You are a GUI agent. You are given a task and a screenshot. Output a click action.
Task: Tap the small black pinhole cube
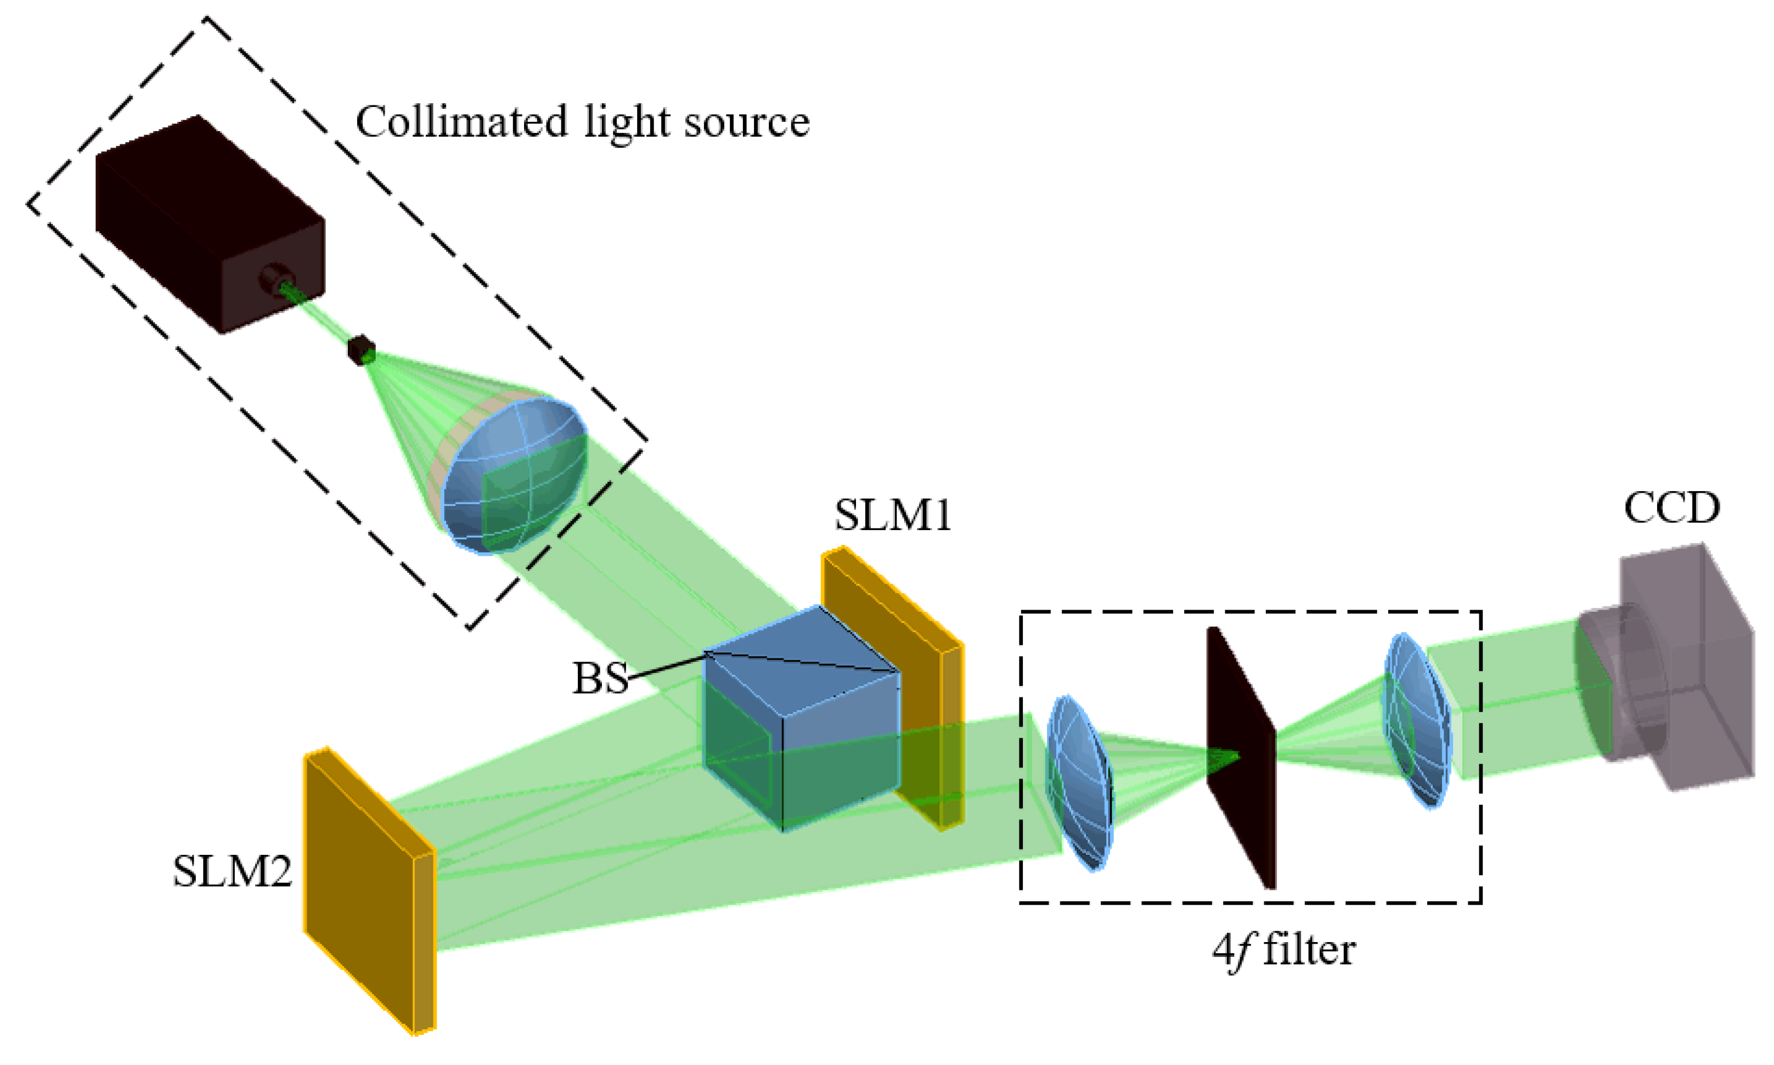tap(361, 350)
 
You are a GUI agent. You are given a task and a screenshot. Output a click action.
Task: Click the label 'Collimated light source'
tap(582, 122)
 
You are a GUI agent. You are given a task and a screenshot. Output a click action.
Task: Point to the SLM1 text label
tap(892, 515)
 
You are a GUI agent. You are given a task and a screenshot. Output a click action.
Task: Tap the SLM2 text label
tap(232, 871)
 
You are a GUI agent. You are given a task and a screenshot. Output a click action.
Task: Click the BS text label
tap(599, 678)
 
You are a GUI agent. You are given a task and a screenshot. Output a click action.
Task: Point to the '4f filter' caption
tap(1283, 950)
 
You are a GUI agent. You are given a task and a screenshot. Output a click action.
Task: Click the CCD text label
tap(1671, 508)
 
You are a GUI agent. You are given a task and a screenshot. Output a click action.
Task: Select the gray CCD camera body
tap(1694, 667)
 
